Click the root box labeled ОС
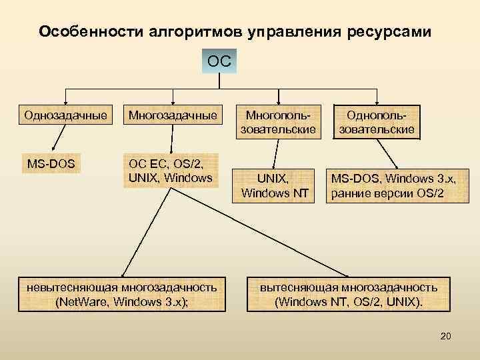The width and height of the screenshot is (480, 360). (219, 62)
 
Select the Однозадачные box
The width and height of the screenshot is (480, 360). (65, 115)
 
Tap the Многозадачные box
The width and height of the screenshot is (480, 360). (172, 115)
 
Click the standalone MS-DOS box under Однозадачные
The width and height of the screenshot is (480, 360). (51, 162)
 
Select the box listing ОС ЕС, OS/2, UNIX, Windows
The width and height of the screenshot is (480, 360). (172, 170)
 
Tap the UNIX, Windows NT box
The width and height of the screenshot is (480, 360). (274, 186)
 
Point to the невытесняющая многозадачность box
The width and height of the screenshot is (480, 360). (121, 294)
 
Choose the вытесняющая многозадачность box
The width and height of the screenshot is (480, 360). (349, 294)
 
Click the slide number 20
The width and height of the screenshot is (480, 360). (445, 336)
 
